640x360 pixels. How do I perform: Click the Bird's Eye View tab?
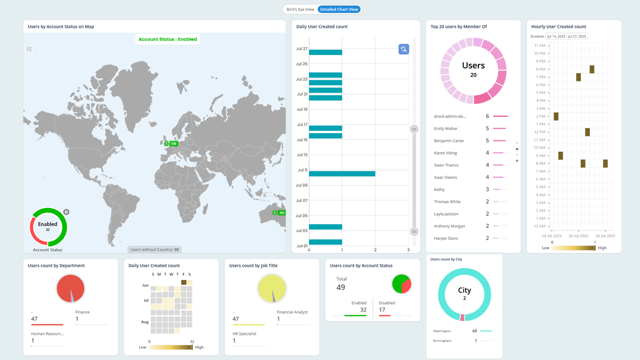[x=300, y=9]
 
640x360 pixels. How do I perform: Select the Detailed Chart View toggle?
[x=339, y=9]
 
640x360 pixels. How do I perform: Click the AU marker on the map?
[x=281, y=212]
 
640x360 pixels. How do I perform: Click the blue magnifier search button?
[x=403, y=49]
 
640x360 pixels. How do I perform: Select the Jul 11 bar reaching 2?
[x=342, y=173]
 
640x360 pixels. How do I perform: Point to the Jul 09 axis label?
[x=301, y=185]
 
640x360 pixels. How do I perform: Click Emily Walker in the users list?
[x=445, y=128]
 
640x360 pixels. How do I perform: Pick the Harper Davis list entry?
[x=446, y=238]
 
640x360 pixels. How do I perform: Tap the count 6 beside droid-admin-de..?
[x=487, y=116]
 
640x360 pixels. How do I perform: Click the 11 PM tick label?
[x=540, y=45]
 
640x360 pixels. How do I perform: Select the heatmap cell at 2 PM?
[x=556, y=116]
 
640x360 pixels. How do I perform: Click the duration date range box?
[x=566, y=36]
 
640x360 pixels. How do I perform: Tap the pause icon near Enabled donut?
[x=66, y=212]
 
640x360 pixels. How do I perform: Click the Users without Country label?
[x=154, y=249]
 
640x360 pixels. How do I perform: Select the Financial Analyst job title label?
[x=292, y=312]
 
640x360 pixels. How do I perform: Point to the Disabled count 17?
[x=382, y=310]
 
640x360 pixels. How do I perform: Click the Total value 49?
[x=341, y=287]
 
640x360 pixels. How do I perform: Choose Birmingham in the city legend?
[x=442, y=340]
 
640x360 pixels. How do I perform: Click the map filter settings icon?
[x=29, y=49]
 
